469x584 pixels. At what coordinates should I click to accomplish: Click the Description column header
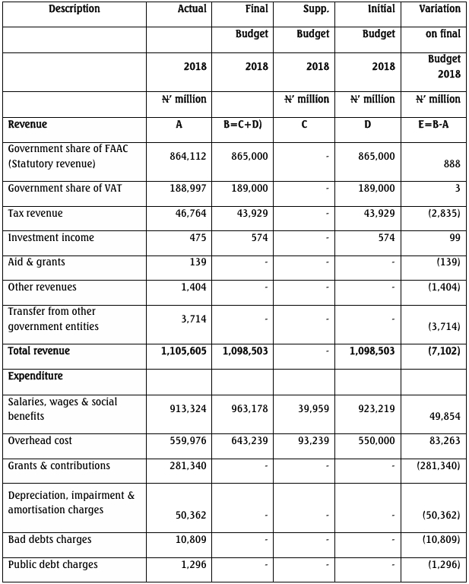(74, 9)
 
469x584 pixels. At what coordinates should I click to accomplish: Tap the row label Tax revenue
(35, 214)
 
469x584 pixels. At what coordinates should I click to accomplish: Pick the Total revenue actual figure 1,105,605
(184, 351)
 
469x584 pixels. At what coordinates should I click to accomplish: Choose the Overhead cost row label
(40, 441)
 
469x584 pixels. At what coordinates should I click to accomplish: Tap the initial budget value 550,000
(376, 441)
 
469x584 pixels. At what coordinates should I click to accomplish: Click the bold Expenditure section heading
(35, 376)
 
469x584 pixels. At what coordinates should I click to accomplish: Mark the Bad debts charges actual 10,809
(190, 540)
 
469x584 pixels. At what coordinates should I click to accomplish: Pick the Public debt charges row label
(52, 565)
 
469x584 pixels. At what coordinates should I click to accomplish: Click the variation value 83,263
(442, 441)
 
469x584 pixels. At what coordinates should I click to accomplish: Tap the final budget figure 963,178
(249, 409)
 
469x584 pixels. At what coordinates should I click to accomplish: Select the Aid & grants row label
(36, 262)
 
